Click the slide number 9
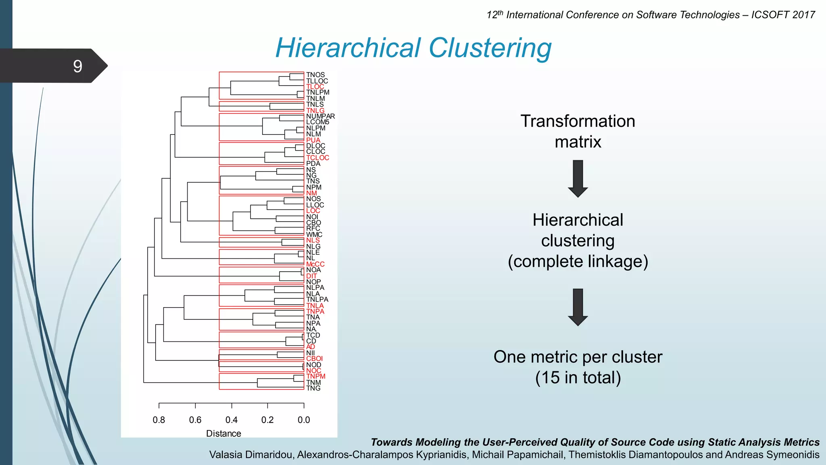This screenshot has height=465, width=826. point(77,66)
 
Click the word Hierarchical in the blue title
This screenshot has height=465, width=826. point(348,48)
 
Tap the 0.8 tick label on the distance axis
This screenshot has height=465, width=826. point(159,420)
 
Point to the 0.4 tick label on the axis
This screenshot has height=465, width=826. point(232,420)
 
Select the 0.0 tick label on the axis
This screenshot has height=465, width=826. point(304,420)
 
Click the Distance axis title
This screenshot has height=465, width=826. point(223,434)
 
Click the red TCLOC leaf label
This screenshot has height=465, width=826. point(317,158)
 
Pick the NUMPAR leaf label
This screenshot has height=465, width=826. point(320,116)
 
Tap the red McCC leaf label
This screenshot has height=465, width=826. point(315,264)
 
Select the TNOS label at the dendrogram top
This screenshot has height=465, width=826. point(315,75)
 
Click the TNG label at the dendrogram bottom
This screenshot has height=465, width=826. point(313,388)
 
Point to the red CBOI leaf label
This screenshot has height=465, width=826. point(314,358)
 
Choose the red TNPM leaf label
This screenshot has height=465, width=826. point(315,376)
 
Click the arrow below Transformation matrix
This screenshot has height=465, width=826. point(578,178)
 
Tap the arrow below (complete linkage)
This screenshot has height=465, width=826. point(578,307)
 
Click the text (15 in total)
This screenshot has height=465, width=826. point(578,378)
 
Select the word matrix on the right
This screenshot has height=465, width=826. point(578,142)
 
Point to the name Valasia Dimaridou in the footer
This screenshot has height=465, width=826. point(250,455)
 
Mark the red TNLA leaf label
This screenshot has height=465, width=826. point(315,306)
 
